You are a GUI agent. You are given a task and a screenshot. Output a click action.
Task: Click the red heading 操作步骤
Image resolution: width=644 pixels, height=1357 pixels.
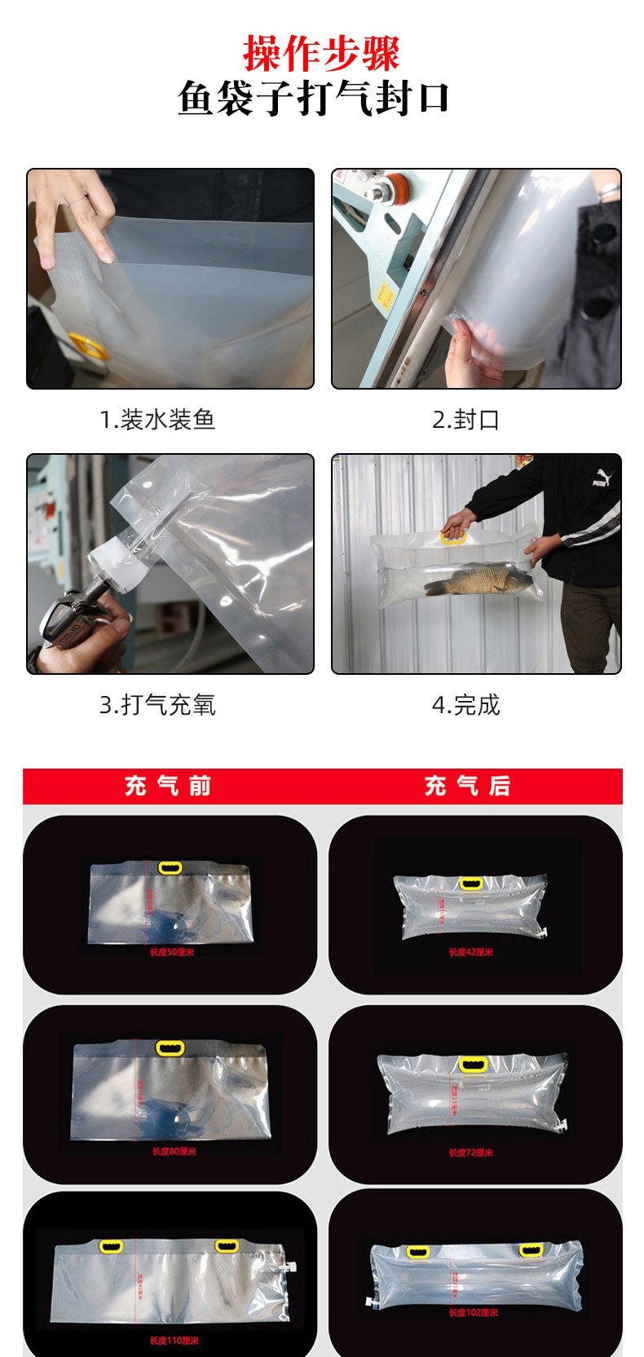(x=321, y=54)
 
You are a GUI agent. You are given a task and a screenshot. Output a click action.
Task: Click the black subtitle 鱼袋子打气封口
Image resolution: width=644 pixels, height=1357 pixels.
(x=314, y=99)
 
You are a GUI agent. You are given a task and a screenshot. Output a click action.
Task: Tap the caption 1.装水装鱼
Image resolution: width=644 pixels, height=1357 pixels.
(x=157, y=420)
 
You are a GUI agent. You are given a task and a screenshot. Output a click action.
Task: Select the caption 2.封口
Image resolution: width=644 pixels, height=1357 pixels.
(x=465, y=420)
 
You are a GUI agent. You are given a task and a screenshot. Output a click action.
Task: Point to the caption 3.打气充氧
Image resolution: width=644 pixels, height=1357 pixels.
(x=157, y=705)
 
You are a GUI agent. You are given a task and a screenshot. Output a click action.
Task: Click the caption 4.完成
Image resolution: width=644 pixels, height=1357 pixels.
(x=465, y=705)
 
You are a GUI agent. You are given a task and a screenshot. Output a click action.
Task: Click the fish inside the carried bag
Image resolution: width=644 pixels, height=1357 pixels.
(x=477, y=579)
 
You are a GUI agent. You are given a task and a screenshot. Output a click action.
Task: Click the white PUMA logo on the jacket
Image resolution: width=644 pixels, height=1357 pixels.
(x=602, y=478)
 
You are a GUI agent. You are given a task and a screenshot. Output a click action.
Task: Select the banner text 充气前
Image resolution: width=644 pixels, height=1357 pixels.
(x=169, y=786)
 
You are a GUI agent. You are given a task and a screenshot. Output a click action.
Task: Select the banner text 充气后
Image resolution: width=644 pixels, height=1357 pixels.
(x=468, y=786)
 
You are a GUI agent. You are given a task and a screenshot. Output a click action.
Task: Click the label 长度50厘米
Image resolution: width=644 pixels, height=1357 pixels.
(x=172, y=952)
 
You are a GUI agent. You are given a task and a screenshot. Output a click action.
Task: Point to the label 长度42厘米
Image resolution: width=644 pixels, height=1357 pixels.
(x=471, y=952)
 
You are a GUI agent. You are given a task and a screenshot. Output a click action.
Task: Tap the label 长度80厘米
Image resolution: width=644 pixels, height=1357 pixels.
(x=174, y=1152)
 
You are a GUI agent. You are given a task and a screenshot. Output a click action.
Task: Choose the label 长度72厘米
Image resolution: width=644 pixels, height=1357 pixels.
(x=471, y=1152)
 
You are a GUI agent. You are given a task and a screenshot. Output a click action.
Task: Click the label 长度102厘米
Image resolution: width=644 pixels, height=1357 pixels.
(x=473, y=1312)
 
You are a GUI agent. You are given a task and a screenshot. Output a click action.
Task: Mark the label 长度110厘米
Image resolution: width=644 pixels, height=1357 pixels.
(x=174, y=1341)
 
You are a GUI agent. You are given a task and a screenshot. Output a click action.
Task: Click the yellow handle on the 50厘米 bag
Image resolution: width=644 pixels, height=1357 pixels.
(x=170, y=868)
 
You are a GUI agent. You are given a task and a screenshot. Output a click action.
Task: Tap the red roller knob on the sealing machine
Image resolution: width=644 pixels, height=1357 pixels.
(x=397, y=186)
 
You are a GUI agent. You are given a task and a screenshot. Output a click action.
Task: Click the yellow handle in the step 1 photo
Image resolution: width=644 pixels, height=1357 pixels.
(x=88, y=346)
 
